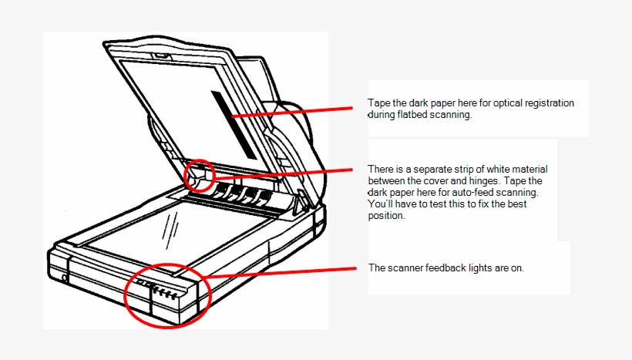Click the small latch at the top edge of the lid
(x=161, y=56)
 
